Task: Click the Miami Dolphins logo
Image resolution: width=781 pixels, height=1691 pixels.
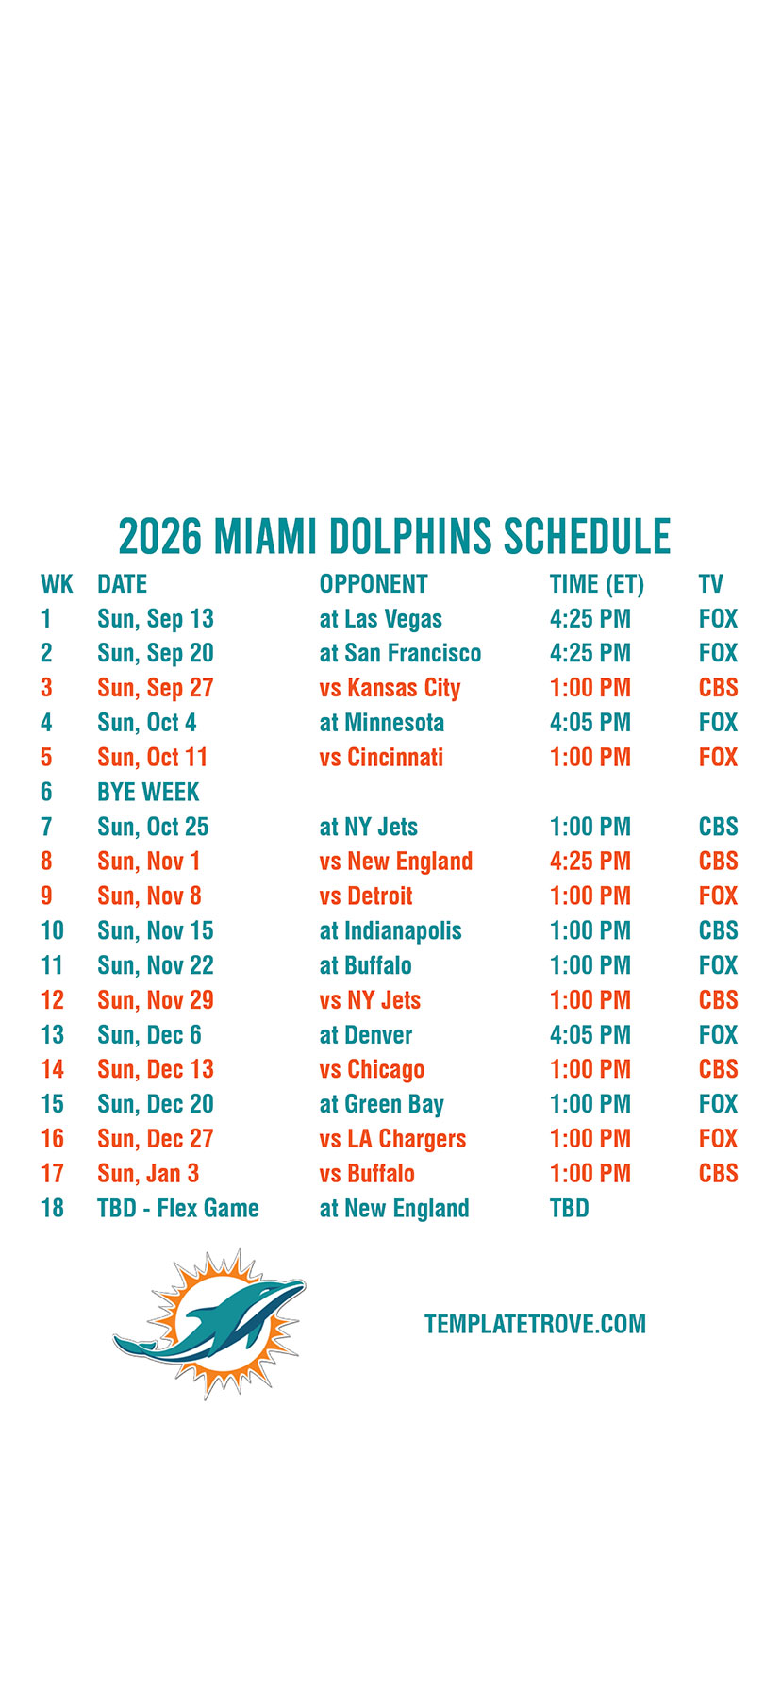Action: point(209,1323)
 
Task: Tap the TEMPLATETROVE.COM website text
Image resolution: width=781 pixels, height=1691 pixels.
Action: point(535,1324)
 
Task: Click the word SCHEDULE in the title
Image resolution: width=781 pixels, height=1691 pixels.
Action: point(587,536)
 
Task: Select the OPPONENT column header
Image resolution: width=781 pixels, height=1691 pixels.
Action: point(374,584)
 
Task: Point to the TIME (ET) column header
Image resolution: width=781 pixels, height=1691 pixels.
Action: point(597,584)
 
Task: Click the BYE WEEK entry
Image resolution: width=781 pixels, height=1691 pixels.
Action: point(148,792)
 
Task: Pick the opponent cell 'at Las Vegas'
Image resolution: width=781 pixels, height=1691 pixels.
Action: point(381,619)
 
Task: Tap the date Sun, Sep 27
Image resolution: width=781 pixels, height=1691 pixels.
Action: point(156,688)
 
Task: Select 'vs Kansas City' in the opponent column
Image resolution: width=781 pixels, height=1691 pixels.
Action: point(390,688)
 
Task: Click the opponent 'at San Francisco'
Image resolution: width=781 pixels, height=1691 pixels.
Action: point(400,653)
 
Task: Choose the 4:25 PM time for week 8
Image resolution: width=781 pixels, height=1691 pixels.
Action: point(590,862)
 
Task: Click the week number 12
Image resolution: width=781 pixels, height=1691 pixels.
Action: point(52,1000)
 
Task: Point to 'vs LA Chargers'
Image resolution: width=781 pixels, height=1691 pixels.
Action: point(392,1139)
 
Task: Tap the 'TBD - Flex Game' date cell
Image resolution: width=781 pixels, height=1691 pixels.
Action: point(178,1208)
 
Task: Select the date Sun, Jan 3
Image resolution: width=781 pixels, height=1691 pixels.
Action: point(148,1174)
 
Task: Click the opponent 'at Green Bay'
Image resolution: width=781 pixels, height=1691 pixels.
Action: point(382,1104)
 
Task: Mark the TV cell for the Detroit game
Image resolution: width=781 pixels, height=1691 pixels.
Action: point(718,896)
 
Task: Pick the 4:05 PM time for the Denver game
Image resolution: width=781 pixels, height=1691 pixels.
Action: point(590,1035)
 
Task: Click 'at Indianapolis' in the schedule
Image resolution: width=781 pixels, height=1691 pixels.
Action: point(390,931)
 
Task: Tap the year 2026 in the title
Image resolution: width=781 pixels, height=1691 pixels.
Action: point(160,536)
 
